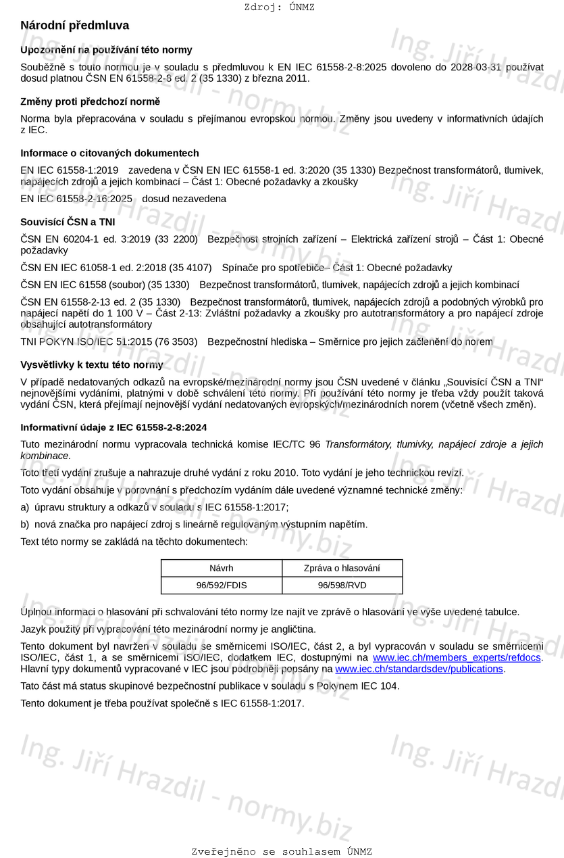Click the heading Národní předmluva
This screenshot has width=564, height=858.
coord(74,26)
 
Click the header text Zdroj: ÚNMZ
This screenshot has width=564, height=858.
coord(279,7)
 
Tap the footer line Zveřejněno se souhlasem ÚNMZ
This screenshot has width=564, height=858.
coord(282,851)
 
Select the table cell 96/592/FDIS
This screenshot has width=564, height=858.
coord(221,586)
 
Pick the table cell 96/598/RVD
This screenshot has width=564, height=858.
coord(342,586)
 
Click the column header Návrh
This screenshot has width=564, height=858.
coord(221,569)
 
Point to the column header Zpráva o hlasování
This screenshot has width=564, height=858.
coord(342,569)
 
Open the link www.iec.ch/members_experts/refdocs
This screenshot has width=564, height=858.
coord(457,657)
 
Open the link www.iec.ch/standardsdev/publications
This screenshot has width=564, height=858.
coord(419,669)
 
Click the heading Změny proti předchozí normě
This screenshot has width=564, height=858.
coord(90,101)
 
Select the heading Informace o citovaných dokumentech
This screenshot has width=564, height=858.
coord(109,153)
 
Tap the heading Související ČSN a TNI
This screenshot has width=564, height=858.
coord(68,222)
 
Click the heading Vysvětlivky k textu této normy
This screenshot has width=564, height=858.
coord(91,365)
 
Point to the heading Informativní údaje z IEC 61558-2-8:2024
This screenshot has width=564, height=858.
coord(113,427)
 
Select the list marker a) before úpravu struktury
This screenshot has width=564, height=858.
coord(25,507)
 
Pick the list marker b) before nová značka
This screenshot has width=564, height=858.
coord(25,524)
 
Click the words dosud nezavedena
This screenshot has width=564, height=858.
coord(184,199)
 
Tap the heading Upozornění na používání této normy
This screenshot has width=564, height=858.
coord(106,50)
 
